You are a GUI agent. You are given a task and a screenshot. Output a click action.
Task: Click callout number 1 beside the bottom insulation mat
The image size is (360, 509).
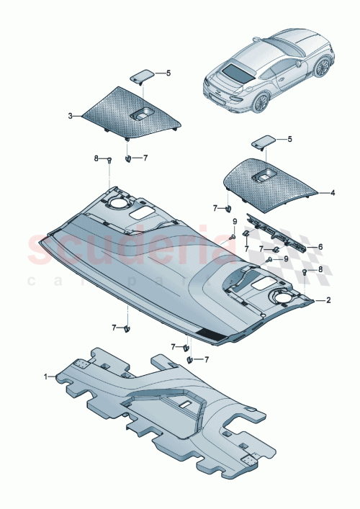[x=47, y=376]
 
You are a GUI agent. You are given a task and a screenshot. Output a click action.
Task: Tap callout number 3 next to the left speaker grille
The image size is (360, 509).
[x=71, y=115]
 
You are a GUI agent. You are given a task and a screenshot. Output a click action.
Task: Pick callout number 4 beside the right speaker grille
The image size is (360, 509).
[x=332, y=193]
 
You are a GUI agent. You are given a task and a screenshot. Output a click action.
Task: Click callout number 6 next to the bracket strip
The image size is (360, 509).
[x=320, y=246]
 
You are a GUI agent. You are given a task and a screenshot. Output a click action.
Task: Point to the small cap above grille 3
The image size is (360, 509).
[x=142, y=75]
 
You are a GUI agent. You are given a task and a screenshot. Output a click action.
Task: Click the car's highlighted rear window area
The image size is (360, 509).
[x=238, y=72]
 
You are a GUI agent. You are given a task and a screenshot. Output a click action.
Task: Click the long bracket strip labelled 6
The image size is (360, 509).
[x=277, y=233]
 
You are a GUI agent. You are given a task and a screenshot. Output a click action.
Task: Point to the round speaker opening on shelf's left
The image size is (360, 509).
[x=117, y=204]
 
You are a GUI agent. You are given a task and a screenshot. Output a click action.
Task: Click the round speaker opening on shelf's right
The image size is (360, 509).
[x=282, y=296]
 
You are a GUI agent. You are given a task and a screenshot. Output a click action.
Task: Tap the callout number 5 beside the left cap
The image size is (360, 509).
[x=168, y=73]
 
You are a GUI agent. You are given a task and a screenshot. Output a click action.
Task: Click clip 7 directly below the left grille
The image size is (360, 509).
[x=127, y=158]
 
